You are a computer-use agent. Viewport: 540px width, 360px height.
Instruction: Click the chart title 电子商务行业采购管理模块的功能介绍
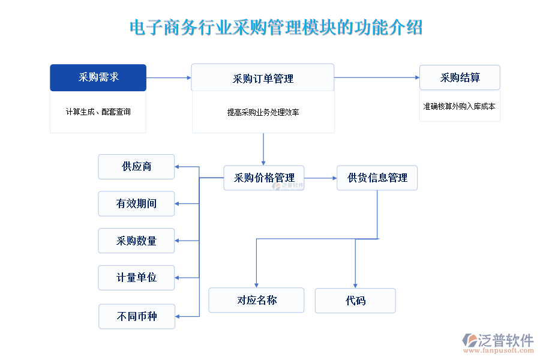click(x=275, y=28)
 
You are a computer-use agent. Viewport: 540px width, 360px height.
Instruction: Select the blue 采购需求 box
click(x=98, y=77)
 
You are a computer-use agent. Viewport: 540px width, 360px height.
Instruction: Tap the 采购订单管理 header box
click(x=263, y=78)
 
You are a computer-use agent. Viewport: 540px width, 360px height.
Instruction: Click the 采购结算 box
click(x=460, y=77)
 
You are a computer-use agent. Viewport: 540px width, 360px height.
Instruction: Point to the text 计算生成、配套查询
click(x=98, y=112)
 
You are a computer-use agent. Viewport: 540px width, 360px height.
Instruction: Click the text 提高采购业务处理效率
click(x=263, y=112)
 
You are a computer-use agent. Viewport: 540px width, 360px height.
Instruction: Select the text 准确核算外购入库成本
click(x=460, y=106)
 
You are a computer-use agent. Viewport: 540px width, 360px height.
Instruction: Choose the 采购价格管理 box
click(x=264, y=178)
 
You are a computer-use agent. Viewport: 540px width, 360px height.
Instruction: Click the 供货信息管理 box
click(x=377, y=178)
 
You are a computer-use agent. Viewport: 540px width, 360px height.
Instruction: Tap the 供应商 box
click(x=136, y=167)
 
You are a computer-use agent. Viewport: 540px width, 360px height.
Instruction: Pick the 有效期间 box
click(x=136, y=204)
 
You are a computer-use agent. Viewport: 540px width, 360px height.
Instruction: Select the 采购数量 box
click(x=136, y=241)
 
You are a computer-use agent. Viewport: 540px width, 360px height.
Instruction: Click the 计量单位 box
click(x=136, y=278)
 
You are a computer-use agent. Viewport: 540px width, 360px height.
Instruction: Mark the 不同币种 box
click(x=137, y=316)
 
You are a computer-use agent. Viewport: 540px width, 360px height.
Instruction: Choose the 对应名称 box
click(x=256, y=301)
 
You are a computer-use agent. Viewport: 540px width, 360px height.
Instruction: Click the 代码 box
click(x=355, y=301)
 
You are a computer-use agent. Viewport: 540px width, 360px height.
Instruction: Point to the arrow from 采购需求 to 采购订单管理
click(x=169, y=77)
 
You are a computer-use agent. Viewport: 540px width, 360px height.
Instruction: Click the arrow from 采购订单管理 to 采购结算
click(x=377, y=77)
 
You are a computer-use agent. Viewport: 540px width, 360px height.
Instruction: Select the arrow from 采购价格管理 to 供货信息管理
click(x=320, y=178)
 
